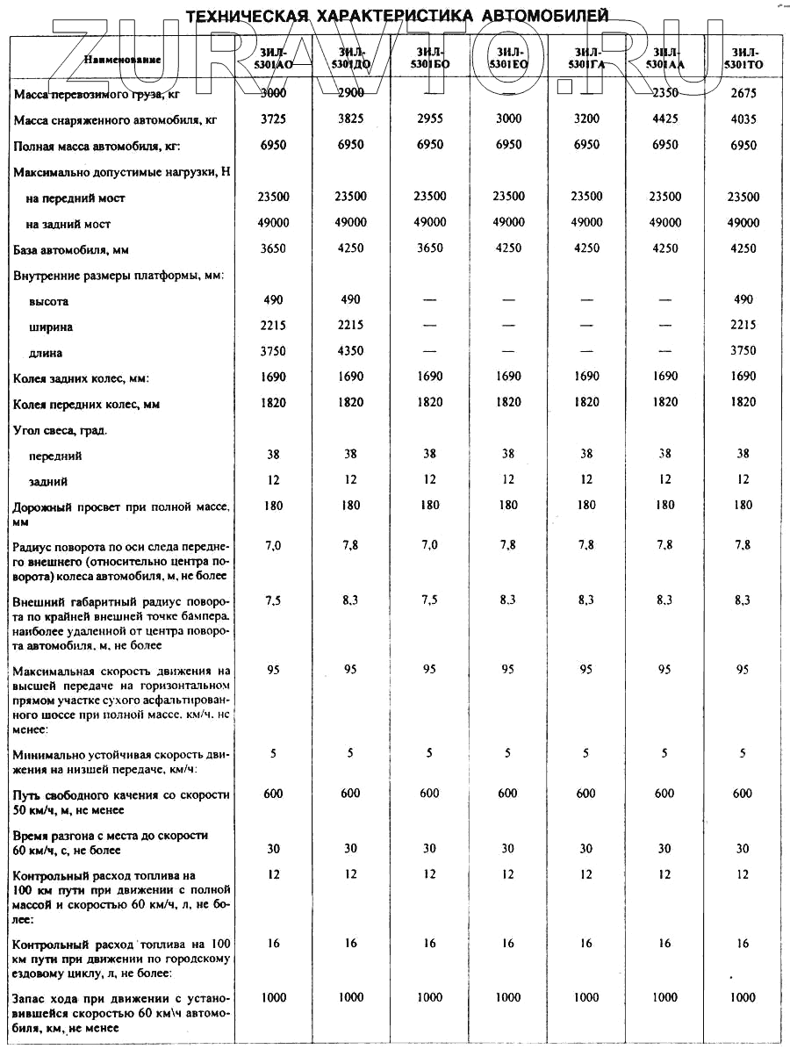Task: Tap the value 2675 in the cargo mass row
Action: (743, 93)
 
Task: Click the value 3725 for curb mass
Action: (273, 119)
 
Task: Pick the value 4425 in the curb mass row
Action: (664, 119)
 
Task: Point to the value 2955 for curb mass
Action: (429, 119)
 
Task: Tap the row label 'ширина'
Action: (51, 327)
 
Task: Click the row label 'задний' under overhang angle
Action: (48, 482)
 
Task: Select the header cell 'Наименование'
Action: (123, 59)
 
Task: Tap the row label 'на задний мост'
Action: (68, 224)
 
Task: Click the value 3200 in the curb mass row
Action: (586, 119)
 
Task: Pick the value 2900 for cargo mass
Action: (350, 93)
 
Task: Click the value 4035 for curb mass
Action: (743, 119)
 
